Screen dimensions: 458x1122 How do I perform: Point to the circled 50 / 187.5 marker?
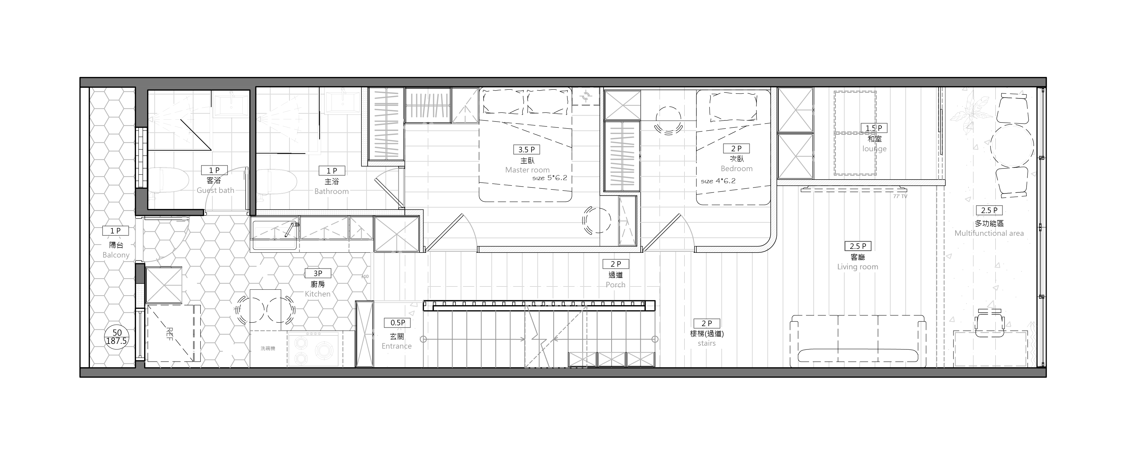click(116, 337)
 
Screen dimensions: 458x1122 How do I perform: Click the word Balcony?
click(116, 255)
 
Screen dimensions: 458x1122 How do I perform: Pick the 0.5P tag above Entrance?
click(397, 323)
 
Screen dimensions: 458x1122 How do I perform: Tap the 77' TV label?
click(900, 197)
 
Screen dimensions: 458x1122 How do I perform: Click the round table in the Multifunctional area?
click(1012, 145)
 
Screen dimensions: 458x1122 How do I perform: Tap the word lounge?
click(874, 149)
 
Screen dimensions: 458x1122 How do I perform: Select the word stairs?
click(707, 343)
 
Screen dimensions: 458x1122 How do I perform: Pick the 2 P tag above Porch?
click(615, 264)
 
